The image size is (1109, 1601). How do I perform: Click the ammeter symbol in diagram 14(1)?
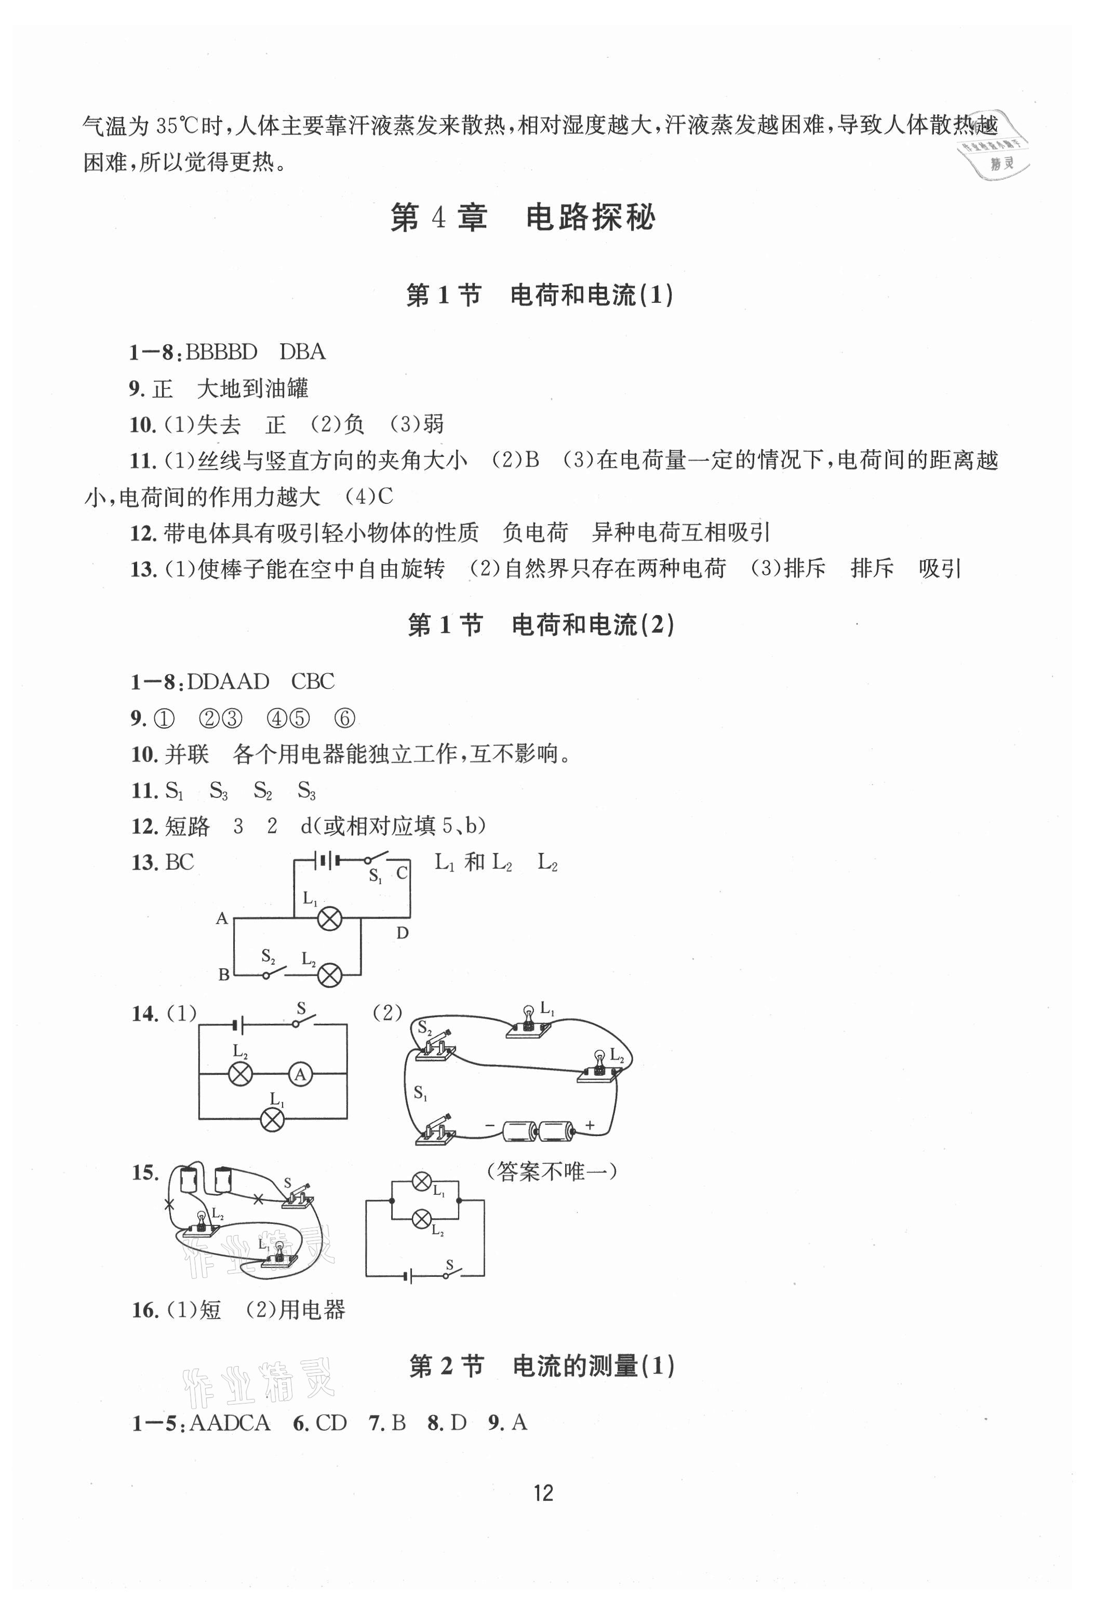pyautogui.click(x=300, y=1074)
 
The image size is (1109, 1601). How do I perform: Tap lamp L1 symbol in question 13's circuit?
pyautogui.click(x=329, y=919)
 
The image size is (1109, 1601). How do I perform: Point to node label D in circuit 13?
pyautogui.click(x=403, y=933)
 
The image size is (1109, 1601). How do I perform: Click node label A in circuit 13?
pyautogui.click(x=222, y=918)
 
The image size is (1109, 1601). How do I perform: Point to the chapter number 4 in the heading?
pyautogui.click(x=438, y=218)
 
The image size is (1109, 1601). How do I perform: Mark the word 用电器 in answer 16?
pyautogui.click(x=312, y=1310)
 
